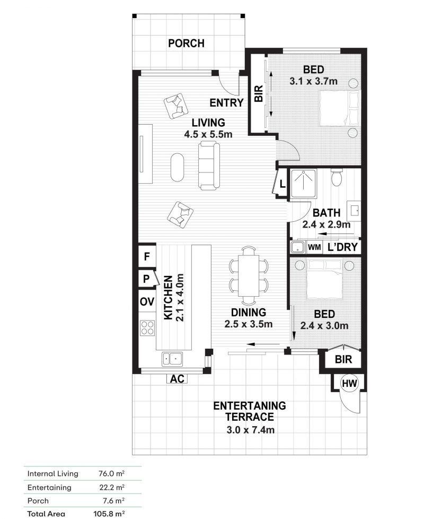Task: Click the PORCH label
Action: [x=186, y=44]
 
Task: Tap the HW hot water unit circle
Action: [x=349, y=383]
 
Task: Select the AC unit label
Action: [x=176, y=379]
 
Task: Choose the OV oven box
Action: [x=147, y=301]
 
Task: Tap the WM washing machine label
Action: [x=314, y=247]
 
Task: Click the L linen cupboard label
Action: [x=282, y=185]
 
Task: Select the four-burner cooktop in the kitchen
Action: [x=147, y=327]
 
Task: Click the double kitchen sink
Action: [x=172, y=359]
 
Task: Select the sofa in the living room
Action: [x=208, y=166]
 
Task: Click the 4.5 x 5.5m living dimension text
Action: [x=208, y=134]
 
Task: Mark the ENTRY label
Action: [x=226, y=103]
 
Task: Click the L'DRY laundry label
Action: [x=342, y=247]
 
